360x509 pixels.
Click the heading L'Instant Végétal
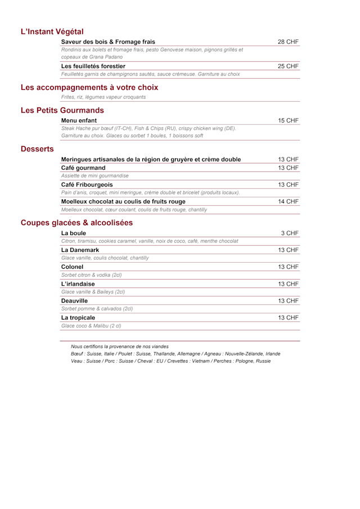(52, 31)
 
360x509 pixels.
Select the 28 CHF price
(288, 42)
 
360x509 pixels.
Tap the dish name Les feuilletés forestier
(93, 66)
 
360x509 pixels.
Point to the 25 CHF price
(288, 66)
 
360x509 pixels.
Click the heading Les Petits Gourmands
(62, 110)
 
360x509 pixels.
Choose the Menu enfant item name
(79, 120)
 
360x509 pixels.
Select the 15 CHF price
(288, 120)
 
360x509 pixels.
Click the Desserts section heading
(37, 149)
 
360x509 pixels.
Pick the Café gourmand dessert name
(83, 168)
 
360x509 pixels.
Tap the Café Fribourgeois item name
(87, 184)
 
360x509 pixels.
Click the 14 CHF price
(288, 201)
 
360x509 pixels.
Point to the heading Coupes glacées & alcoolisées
(76, 223)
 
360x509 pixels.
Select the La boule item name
(74, 233)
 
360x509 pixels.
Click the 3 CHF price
(290, 233)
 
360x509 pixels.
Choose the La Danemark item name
(81, 250)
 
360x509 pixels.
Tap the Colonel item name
(72, 267)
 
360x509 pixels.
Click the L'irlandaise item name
(78, 284)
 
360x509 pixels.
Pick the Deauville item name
(74, 301)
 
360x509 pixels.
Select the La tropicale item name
(78, 318)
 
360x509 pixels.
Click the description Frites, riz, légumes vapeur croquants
(103, 97)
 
